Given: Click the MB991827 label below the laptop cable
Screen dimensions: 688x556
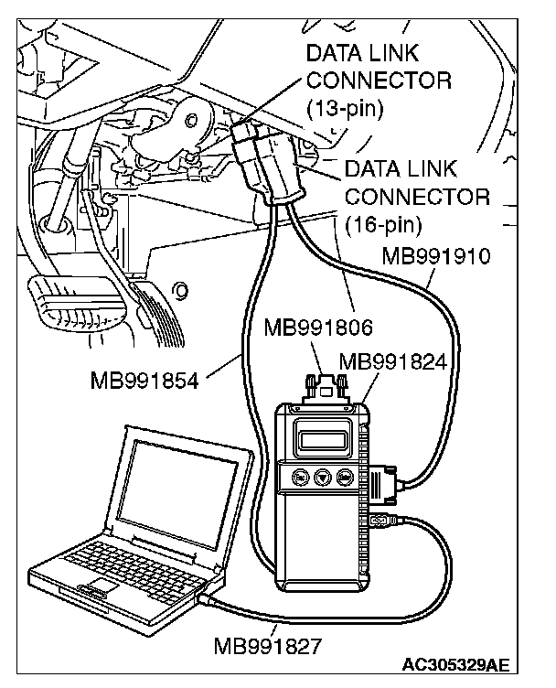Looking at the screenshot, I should coord(268,647).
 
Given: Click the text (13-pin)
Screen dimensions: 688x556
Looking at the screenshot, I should coord(345,110).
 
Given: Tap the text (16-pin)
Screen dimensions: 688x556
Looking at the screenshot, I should coord(383,221).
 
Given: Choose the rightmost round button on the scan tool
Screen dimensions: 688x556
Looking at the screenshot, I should coord(346,477).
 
